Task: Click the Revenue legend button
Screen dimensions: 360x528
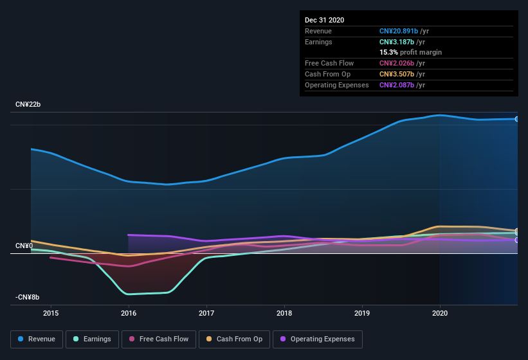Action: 37,339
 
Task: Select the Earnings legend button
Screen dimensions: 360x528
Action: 92,339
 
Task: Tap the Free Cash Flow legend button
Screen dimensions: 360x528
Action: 159,339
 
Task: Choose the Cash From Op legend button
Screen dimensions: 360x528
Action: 234,339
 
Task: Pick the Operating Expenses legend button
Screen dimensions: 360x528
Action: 317,339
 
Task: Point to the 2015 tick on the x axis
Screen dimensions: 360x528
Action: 51,313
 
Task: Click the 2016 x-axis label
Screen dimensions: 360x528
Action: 129,313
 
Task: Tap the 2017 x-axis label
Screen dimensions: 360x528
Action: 206,313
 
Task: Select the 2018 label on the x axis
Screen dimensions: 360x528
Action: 284,313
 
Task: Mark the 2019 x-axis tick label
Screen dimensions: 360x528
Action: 362,313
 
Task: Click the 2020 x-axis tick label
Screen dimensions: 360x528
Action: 440,313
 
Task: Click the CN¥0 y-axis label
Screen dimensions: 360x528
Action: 24,246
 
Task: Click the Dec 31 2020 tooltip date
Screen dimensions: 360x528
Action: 324,20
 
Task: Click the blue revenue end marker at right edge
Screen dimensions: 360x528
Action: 516,119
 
